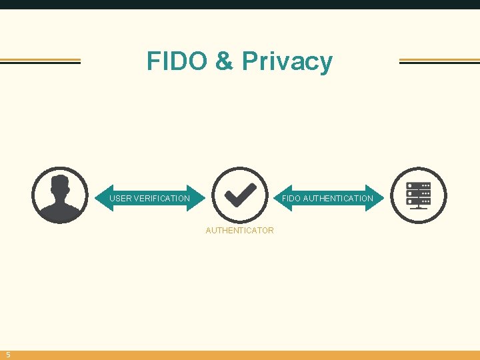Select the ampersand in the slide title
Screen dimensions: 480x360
pos(225,61)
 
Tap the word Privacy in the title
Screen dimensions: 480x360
pos(287,61)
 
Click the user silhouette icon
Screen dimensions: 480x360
pos(60,195)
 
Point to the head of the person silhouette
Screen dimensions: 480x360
pos(60,185)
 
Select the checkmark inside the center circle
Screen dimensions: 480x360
pos(240,194)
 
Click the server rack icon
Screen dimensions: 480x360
pos(419,194)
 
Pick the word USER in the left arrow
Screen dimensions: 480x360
pos(121,199)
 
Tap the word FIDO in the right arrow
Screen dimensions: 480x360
pos(291,199)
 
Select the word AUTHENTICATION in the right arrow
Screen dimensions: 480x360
pos(338,199)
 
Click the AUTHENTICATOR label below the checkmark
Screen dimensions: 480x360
pos(240,231)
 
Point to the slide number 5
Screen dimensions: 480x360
pos(8,355)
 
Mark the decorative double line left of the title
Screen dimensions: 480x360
pos(40,61)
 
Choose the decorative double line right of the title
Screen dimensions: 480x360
pos(439,61)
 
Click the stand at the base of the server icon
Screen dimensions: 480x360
pos(419,207)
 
